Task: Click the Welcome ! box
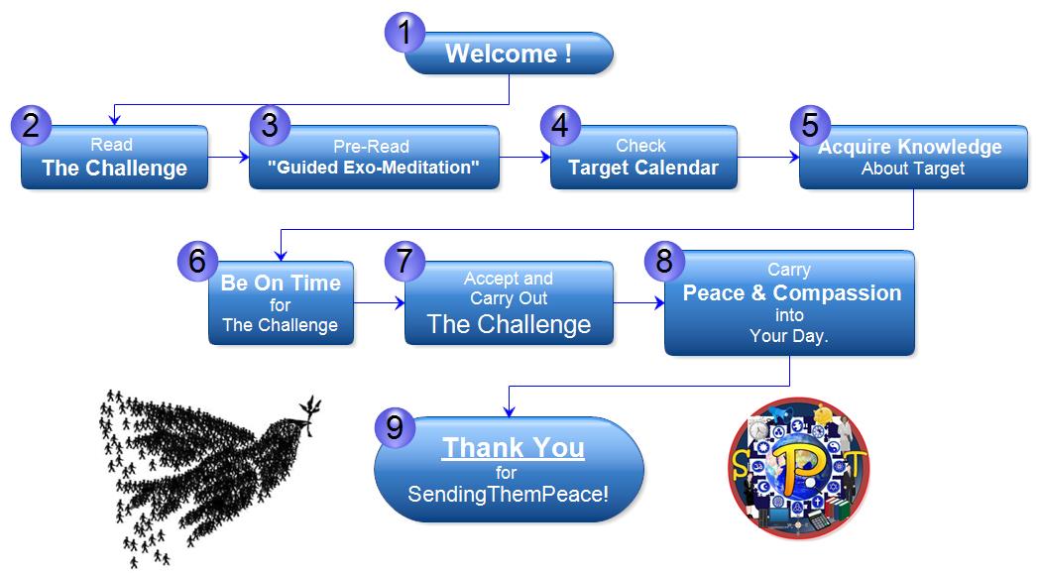[x=509, y=54]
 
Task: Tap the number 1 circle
[x=404, y=33]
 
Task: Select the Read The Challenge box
[x=115, y=158]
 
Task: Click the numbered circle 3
[x=270, y=125]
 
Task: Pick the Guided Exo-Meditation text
[x=374, y=168]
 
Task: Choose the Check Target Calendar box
[x=643, y=158]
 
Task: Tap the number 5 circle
[x=810, y=125]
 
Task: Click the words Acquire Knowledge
[x=909, y=147]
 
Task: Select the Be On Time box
[x=281, y=303]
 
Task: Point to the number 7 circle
[x=404, y=261]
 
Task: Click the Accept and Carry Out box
[x=509, y=303]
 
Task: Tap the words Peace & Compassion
[x=792, y=293]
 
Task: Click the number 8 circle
[x=664, y=261]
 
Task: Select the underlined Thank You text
[x=513, y=448]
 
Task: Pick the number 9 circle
[x=395, y=427]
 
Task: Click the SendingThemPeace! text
[x=508, y=495]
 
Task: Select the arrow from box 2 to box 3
[x=229, y=158]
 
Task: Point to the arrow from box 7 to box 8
[x=639, y=303]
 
